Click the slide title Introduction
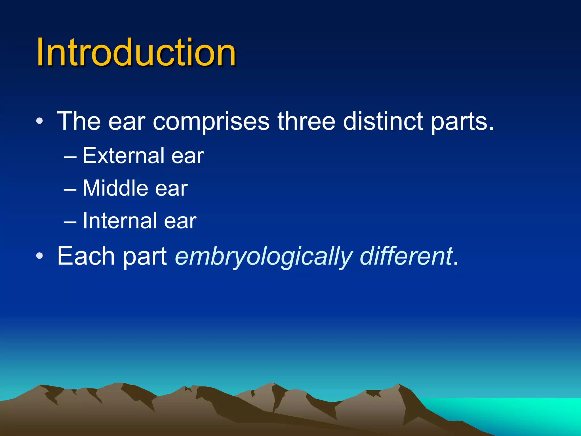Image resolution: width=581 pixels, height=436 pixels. (136, 53)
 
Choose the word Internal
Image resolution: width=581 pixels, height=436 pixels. (119, 221)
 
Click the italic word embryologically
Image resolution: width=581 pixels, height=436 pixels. (264, 257)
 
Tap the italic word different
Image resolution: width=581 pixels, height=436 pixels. (406, 256)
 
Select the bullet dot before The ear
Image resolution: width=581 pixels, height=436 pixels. (40, 121)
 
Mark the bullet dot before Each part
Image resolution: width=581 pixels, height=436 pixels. (40, 256)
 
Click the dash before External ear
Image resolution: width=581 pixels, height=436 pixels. (70, 157)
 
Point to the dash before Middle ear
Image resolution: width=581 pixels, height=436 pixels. (70, 189)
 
